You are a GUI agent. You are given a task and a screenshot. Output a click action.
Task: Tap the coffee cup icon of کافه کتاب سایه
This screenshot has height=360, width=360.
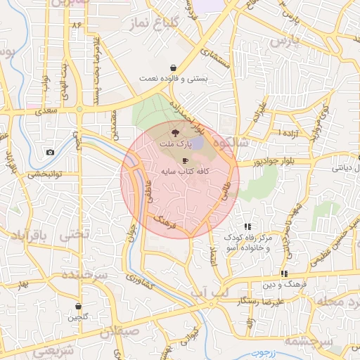186,160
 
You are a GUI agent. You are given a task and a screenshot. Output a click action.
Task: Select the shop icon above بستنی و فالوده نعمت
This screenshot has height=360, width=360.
173,67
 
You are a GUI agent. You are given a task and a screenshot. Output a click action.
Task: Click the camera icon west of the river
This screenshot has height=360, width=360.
50,153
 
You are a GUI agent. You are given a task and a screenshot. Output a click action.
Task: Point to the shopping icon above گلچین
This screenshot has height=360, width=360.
78,307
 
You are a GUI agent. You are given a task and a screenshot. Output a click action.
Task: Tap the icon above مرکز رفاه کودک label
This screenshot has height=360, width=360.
247,226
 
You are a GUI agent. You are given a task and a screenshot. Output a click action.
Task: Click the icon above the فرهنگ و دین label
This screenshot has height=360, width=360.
284,274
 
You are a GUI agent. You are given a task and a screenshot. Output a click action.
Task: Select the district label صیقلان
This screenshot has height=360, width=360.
116,332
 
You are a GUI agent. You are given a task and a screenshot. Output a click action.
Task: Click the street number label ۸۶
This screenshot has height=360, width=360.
77,25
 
